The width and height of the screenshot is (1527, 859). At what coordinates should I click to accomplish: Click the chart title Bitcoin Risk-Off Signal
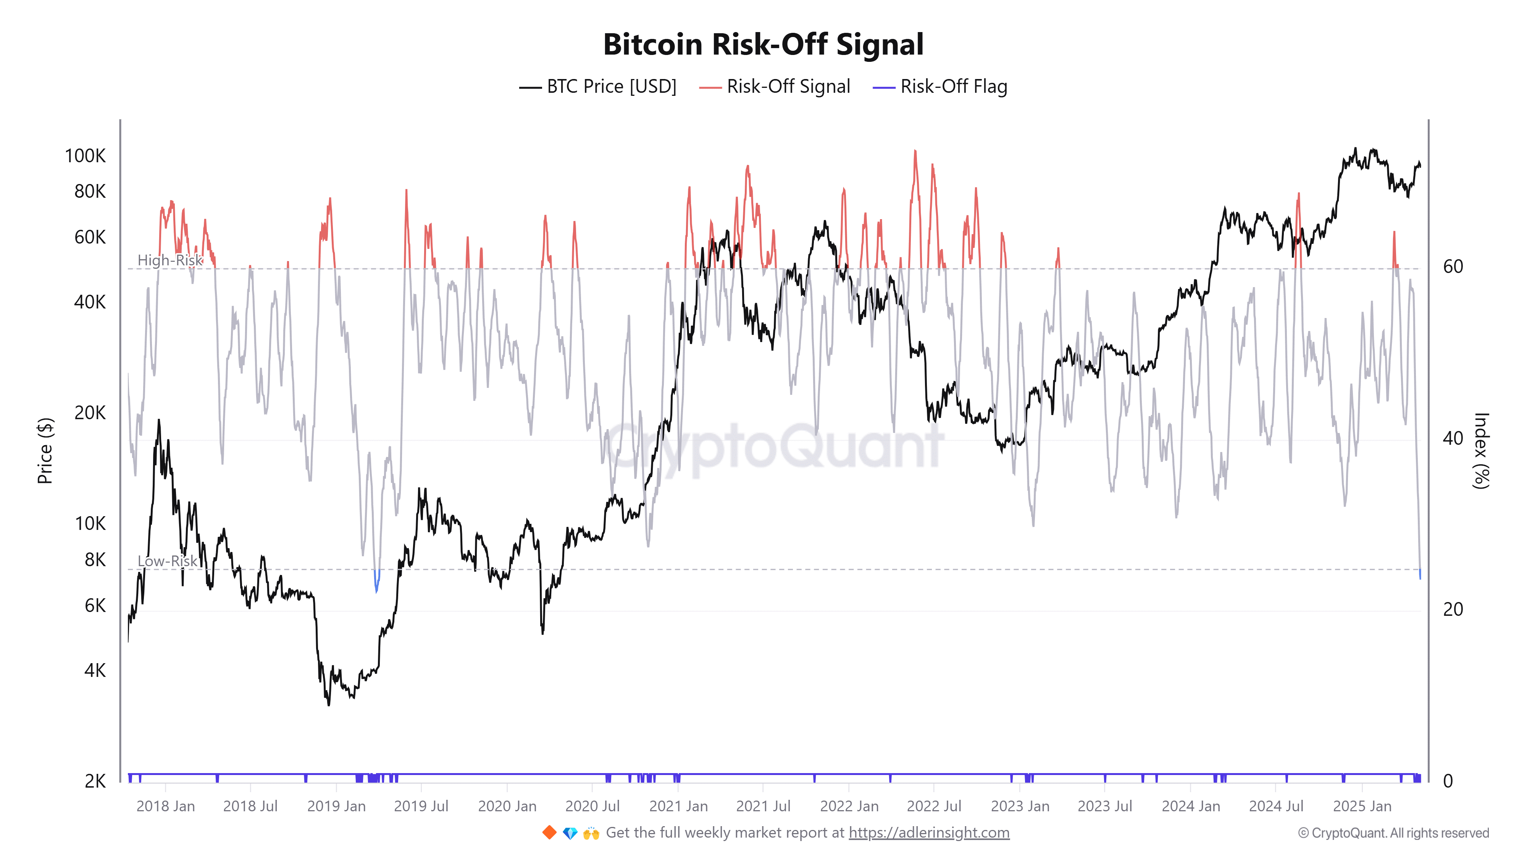[763, 44]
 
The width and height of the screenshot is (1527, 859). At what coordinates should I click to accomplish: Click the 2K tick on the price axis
[95, 781]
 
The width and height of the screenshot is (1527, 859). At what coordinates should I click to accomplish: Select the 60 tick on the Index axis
[1453, 267]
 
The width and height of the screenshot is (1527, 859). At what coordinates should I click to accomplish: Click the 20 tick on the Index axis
[1453, 609]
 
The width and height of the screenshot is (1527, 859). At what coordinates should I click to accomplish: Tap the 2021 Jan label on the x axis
[678, 806]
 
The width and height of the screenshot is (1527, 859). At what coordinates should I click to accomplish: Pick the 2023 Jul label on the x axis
[1104, 806]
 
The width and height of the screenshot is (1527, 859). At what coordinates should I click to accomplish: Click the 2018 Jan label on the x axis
[165, 806]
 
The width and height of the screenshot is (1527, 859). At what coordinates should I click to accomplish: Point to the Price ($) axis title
[45, 450]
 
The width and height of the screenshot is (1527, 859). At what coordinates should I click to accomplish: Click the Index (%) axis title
[1481, 450]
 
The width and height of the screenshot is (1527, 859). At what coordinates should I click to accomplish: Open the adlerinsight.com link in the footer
[928, 833]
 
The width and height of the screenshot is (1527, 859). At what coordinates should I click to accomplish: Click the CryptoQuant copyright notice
[1393, 833]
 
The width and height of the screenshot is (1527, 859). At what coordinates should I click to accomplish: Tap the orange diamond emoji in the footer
[549, 833]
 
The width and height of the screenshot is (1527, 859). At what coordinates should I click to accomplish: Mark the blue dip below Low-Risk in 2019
[376, 584]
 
